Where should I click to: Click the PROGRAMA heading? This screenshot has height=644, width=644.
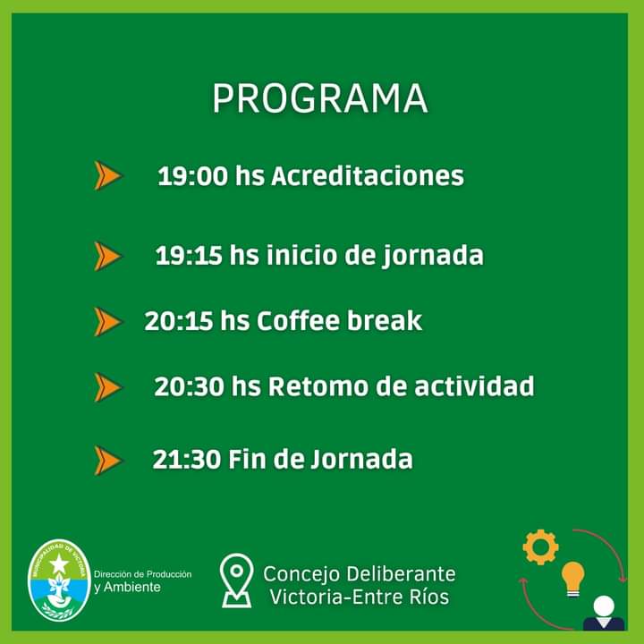point(320,98)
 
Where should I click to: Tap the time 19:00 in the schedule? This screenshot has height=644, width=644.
point(192,176)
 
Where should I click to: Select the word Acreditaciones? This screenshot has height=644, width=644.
point(368,176)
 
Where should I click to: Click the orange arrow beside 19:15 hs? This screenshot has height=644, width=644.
point(108,256)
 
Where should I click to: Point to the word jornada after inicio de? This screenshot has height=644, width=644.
point(433,257)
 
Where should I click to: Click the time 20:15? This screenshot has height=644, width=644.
point(179,321)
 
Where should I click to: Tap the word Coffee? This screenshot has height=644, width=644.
point(299,320)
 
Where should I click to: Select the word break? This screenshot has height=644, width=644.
point(385,320)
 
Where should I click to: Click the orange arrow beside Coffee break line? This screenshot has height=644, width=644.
point(108,322)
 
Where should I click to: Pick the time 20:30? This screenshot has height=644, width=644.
point(189,387)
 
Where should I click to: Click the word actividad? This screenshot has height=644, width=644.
point(474,386)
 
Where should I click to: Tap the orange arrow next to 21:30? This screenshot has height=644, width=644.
point(108,461)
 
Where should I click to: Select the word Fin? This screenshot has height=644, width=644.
point(247,459)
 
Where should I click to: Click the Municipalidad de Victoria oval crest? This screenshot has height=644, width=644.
point(59,580)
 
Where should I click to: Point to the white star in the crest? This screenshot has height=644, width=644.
point(59,563)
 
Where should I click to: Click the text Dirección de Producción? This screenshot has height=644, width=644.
point(142,574)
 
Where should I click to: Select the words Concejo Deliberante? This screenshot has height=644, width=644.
point(360,573)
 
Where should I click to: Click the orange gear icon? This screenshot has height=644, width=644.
point(540,547)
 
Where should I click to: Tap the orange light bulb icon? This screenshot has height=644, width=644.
point(573,579)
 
